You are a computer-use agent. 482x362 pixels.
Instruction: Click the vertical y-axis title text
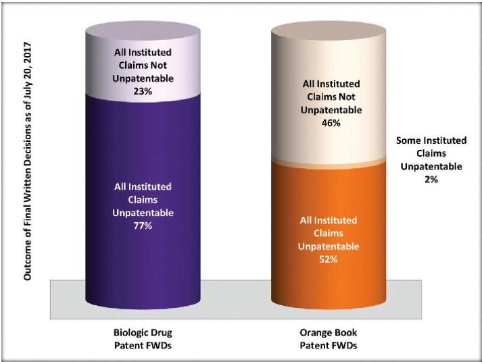[28, 165]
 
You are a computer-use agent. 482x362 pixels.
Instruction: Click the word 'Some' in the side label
[409, 140]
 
